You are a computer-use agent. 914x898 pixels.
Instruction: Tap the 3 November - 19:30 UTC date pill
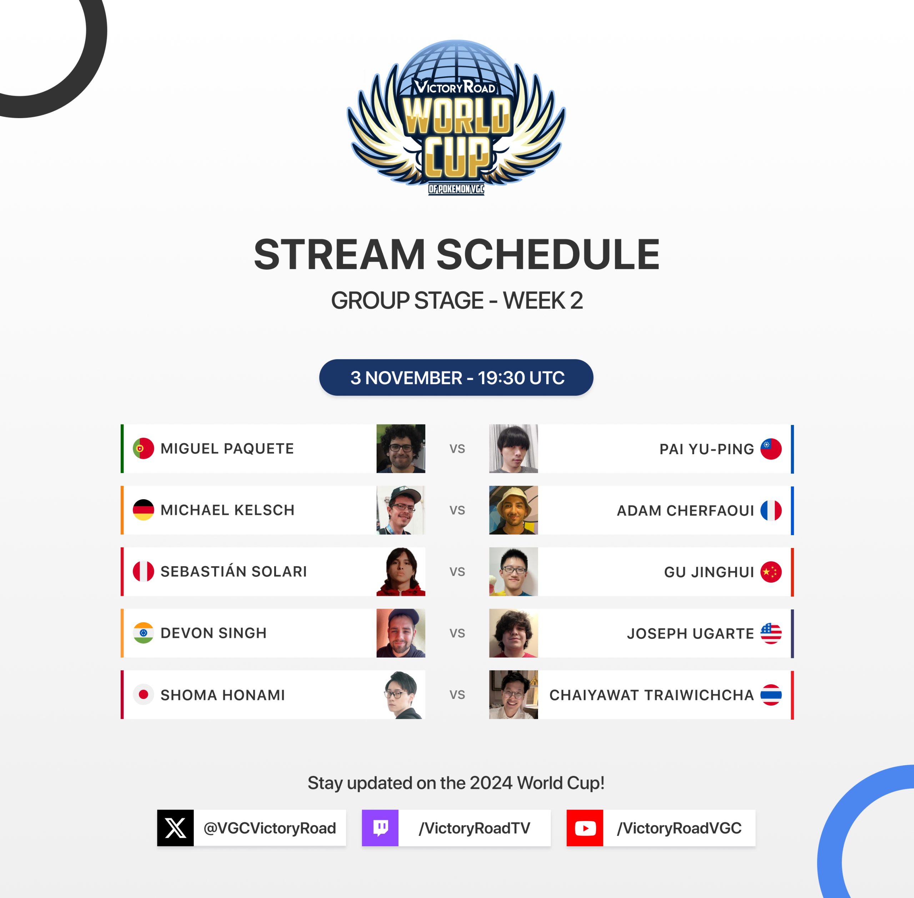click(456, 377)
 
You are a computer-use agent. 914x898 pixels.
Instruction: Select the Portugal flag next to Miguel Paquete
click(144, 448)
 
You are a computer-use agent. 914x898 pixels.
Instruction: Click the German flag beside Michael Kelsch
click(144, 510)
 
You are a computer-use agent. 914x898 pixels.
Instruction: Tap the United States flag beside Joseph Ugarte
click(771, 633)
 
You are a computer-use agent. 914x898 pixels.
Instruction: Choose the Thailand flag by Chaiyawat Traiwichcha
click(771, 695)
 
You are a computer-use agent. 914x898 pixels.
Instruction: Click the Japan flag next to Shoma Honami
click(144, 694)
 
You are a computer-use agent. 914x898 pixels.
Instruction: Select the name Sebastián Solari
click(233, 571)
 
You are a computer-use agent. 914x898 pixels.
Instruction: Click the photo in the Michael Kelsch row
click(401, 510)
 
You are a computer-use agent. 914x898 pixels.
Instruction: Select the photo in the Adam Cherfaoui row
click(513, 510)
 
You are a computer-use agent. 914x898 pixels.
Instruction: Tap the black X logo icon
click(175, 828)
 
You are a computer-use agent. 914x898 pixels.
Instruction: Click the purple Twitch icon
click(380, 828)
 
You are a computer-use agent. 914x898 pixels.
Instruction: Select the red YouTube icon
click(585, 828)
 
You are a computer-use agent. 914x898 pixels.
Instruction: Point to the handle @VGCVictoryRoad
click(270, 828)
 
